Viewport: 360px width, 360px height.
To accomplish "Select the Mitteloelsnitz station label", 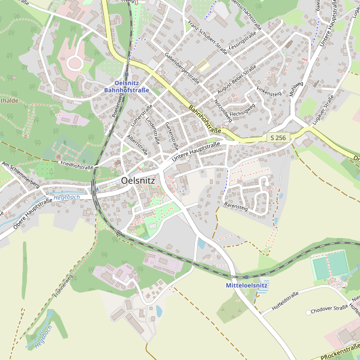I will pos(246,286).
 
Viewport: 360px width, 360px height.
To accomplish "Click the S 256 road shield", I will pos(278,138).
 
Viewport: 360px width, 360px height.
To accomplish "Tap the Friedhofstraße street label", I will pos(77,163).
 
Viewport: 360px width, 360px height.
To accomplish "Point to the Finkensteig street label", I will pos(269,94).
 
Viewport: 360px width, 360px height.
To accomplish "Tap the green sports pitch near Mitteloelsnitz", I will pos(330,266).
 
